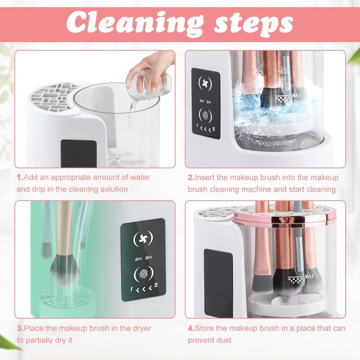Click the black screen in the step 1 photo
79,153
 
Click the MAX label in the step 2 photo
296,95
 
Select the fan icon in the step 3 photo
143,238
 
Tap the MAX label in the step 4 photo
309,276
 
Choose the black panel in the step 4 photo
218,283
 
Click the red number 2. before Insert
191,178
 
